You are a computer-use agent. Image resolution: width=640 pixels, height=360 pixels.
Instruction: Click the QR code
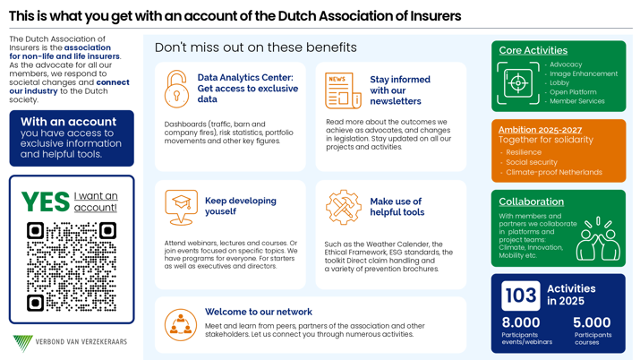point(72,266)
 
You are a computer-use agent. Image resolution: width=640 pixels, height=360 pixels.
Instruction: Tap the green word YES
point(45,201)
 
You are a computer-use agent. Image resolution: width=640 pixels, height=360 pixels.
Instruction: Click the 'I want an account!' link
point(95,201)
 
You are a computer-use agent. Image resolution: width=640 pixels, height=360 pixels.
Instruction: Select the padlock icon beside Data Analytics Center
point(176,90)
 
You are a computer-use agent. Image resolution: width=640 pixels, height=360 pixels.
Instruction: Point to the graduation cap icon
point(181,207)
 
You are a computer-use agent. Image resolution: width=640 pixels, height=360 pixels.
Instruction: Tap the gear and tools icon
point(343,207)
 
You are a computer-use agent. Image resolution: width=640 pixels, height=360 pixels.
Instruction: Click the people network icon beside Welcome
point(181,323)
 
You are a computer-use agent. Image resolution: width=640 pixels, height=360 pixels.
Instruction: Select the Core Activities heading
point(533,50)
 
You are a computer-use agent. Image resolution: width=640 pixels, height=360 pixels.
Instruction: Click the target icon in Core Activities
point(517,82)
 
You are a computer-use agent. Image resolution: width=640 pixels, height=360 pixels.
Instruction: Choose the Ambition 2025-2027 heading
point(540,130)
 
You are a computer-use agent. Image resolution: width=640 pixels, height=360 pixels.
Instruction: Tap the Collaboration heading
point(531,201)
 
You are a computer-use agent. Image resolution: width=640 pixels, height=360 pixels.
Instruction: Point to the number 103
point(520,295)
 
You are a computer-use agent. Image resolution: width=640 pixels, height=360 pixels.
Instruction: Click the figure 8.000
point(520,322)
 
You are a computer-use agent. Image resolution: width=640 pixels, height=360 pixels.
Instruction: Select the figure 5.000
point(592,322)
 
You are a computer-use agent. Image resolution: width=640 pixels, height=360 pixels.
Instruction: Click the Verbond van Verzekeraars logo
point(70,342)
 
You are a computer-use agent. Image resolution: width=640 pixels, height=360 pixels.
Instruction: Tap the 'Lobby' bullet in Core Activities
point(559,82)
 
